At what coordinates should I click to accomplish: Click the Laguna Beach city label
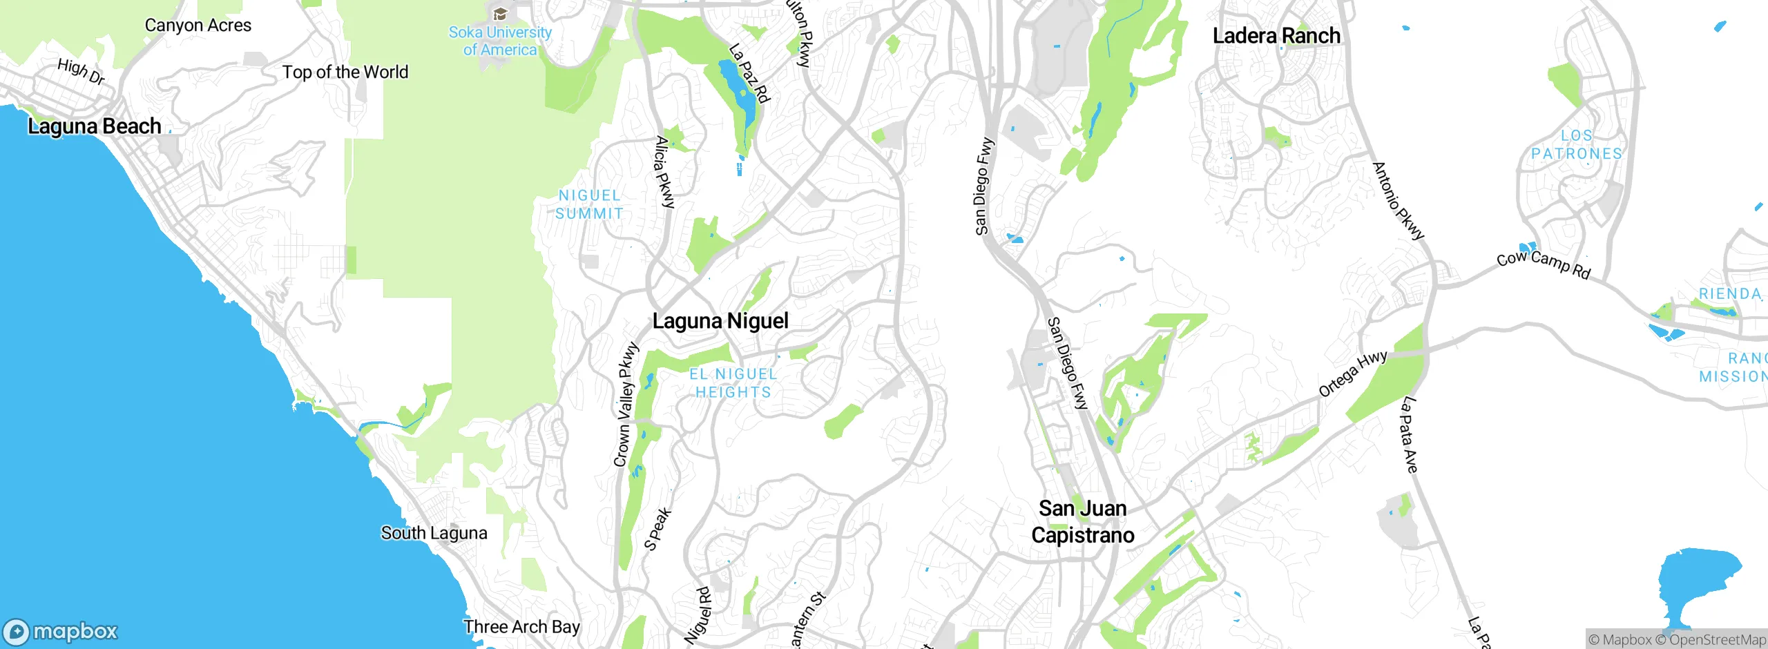pyautogui.click(x=95, y=126)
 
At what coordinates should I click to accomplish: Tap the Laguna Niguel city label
pyautogui.click(x=720, y=321)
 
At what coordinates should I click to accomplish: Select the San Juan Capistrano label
pyautogui.click(x=1082, y=522)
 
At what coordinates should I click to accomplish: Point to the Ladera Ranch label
pyautogui.click(x=1276, y=36)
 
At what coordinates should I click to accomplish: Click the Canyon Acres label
pyautogui.click(x=198, y=26)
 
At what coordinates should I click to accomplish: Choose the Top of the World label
pyautogui.click(x=345, y=72)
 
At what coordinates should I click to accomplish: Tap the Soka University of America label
pyautogui.click(x=500, y=41)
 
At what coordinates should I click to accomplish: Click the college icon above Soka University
pyautogui.click(x=500, y=14)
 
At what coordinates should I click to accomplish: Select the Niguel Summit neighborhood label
pyautogui.click(x=589, y=205)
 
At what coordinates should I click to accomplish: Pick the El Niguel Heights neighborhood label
pyautogui.click(x=733, y=383)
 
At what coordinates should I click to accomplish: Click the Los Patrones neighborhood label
pyautogui.click(x=1577, y=145)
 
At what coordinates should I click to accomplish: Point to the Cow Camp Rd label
pyautogui.click(x=1544, y=264)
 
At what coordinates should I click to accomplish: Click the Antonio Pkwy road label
pyautogui.click(x=1398, y=201)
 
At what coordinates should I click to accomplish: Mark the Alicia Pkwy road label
pyautogui.click(x=664, y=173)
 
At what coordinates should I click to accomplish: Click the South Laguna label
pyautogui.click(x=434, y=534)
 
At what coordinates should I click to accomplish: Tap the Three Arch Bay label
pyautogui.click(x=521, y=627)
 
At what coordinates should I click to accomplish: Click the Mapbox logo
pyautogui.click(x=61, y=632)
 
